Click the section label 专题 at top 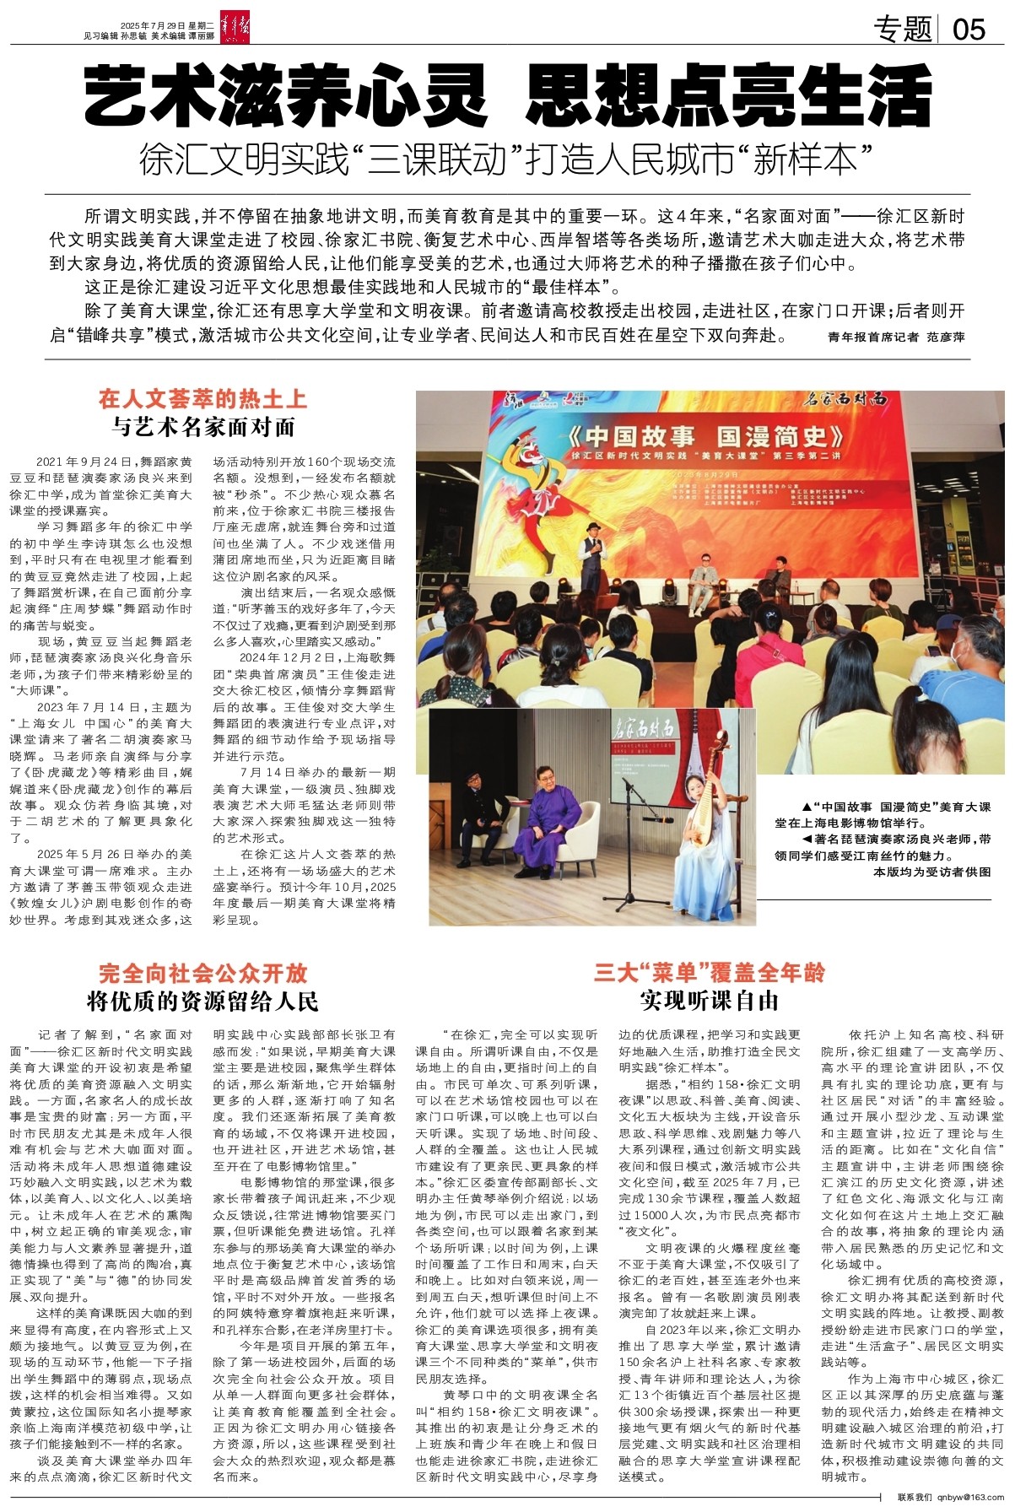[903, 29]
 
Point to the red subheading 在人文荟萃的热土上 [202, 398]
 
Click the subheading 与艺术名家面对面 [202, 427]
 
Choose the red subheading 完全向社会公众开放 [202, 973]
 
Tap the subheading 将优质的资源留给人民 [202, 1002]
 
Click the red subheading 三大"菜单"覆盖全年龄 [709, 973]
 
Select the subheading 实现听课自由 [709, 1002]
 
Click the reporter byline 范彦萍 [945, 337]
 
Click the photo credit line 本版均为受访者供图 [931, 872]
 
